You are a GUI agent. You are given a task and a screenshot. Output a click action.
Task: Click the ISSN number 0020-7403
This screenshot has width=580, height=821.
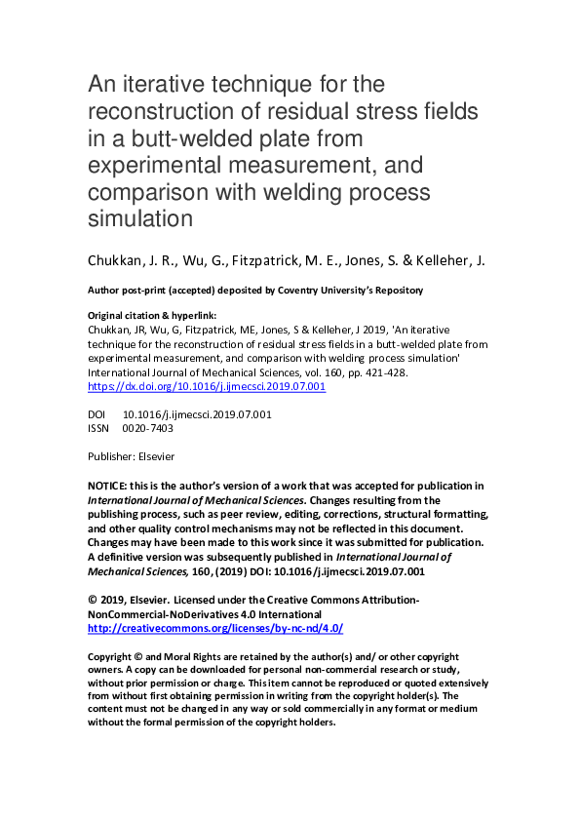[x=148, y=428]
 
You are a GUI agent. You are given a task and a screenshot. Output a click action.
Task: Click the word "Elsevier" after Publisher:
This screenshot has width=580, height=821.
[x=155, y=456]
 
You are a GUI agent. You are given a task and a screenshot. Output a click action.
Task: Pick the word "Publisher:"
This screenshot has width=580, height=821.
[x=110, y=456]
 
